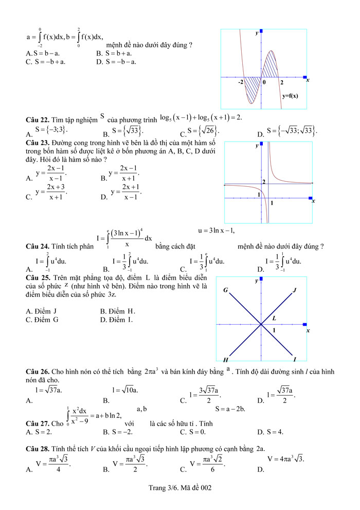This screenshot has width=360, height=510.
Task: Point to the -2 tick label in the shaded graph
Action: pos(241,82)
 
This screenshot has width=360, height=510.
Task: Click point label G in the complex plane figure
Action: pos(225,290)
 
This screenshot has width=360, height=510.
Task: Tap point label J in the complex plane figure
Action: pos(295,290)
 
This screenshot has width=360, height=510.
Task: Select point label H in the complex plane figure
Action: pos(225,359)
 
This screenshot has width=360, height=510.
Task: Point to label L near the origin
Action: pos(274,319)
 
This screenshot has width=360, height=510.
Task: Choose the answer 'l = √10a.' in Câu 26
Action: pos(125,390)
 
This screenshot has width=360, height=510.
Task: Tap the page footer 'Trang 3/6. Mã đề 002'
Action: pos(179,487)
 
